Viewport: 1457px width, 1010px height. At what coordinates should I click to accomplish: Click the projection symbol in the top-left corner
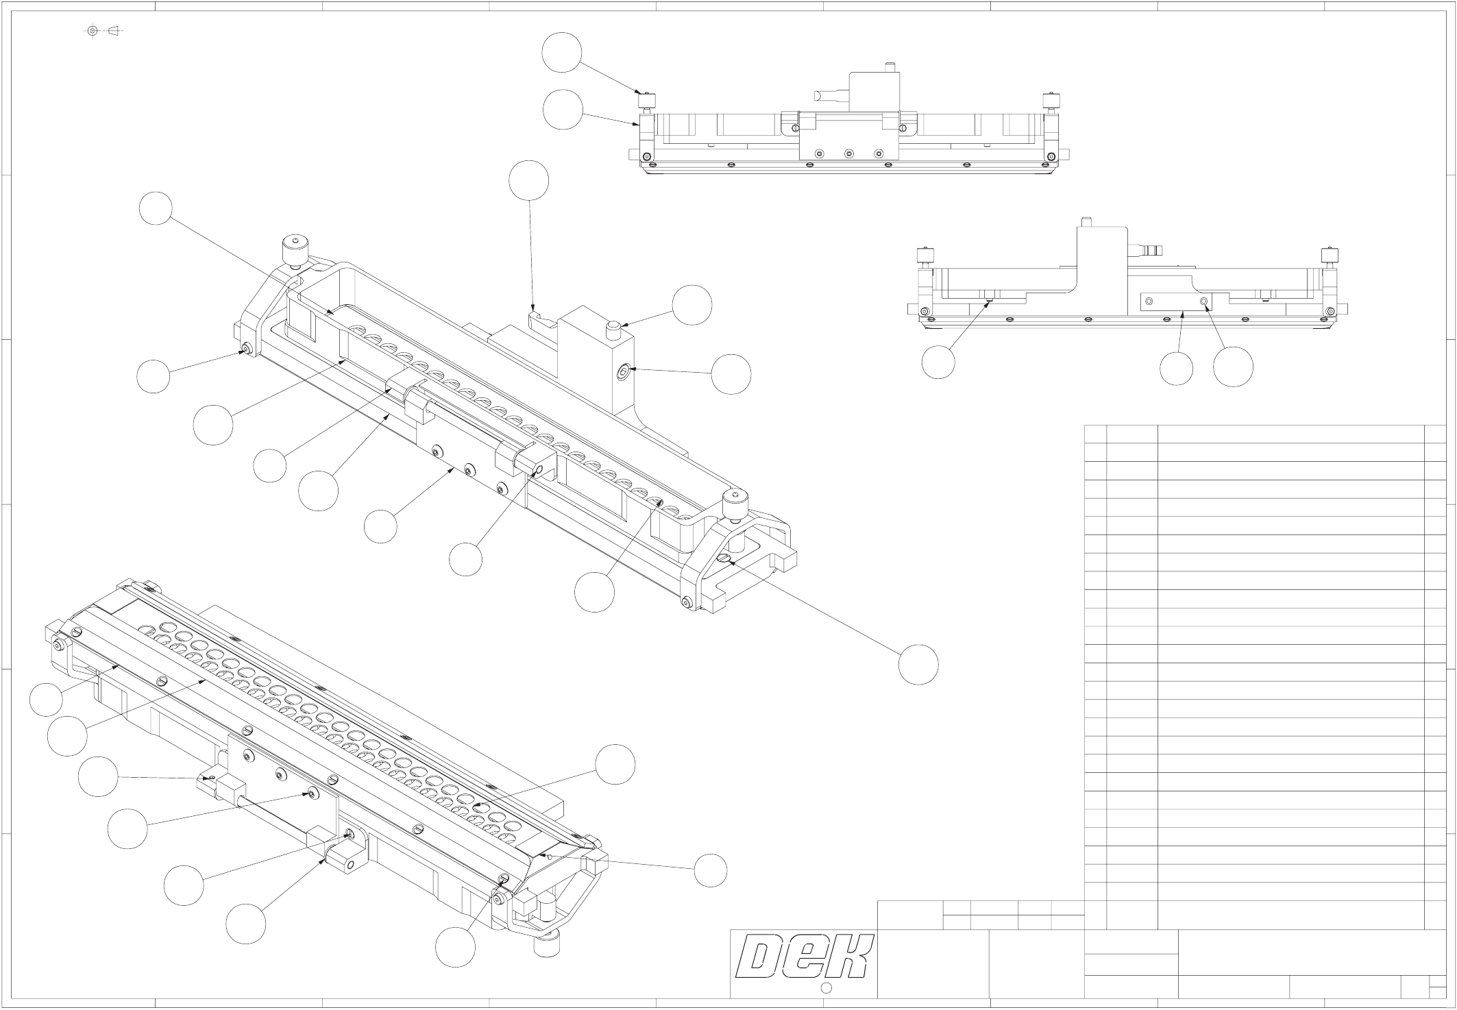click(103, 31)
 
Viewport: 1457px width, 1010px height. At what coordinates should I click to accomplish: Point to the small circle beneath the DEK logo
click(826, 988)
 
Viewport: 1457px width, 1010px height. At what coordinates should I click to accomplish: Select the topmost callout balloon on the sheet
click(562, 53)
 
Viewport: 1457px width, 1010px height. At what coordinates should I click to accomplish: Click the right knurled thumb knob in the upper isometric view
click(736, 505)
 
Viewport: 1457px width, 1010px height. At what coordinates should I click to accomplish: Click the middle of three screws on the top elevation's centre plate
click(848, 153)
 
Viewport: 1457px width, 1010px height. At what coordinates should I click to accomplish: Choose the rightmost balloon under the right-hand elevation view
click(1233, 367)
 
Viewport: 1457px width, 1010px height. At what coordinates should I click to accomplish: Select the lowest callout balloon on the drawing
click(455, 948)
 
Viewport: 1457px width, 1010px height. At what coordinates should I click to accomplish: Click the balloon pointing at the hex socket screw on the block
click(731, 374)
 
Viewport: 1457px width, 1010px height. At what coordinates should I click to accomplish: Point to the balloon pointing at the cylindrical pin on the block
click(691, 305)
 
